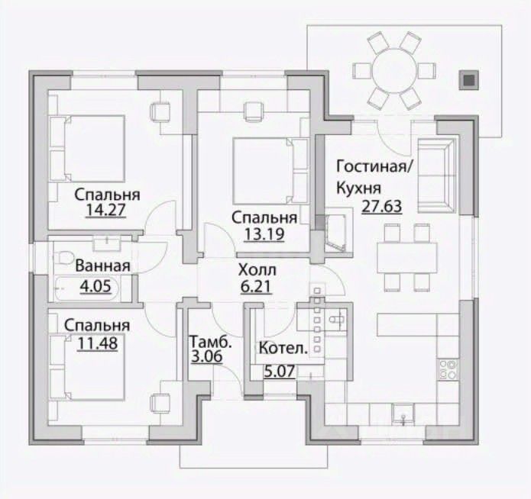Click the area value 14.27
(x=106, y=210)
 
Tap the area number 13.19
(x=264, y=234)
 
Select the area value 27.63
(x=382, y=206)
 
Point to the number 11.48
(x=98, y=343)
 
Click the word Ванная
(x=102, y=266)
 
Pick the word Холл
(x=257, y=270)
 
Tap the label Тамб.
(x=210, y=342)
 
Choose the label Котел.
(x=283, y=348)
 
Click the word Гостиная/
(x=374, y=167)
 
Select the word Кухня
(x=358, y=188)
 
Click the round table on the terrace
(x=394, y=71)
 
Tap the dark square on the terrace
(x=469, y=80)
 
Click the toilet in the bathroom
(x=63, y=257)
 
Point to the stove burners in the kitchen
(x=448, y=369)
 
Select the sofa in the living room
(x=436, y=176)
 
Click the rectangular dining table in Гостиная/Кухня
(x=407, y=258)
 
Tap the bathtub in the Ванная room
(x=86, y=288)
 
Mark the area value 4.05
(x=96, y=286)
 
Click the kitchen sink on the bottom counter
(x=403, y=414)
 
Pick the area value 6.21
(x=257, y=287)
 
